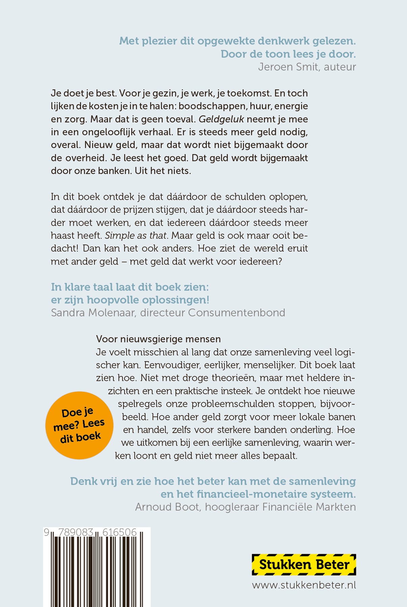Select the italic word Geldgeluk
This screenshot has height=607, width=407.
[x=221, y=119]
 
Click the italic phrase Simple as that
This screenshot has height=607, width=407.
[x=136, y=235]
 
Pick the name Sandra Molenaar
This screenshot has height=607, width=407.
[x=93, y=313]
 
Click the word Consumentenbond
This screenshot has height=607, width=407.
[x=237, y=313]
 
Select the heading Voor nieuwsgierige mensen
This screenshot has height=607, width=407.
[x=158, y=339]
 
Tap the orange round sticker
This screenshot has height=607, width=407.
[x=79, y=425]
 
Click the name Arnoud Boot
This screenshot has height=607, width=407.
[x=167, y=507]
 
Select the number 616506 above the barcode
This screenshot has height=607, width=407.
[x=119, y=532]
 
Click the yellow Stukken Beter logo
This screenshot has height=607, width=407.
[x=304, y=565]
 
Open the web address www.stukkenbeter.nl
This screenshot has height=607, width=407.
[x=304, y=585]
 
